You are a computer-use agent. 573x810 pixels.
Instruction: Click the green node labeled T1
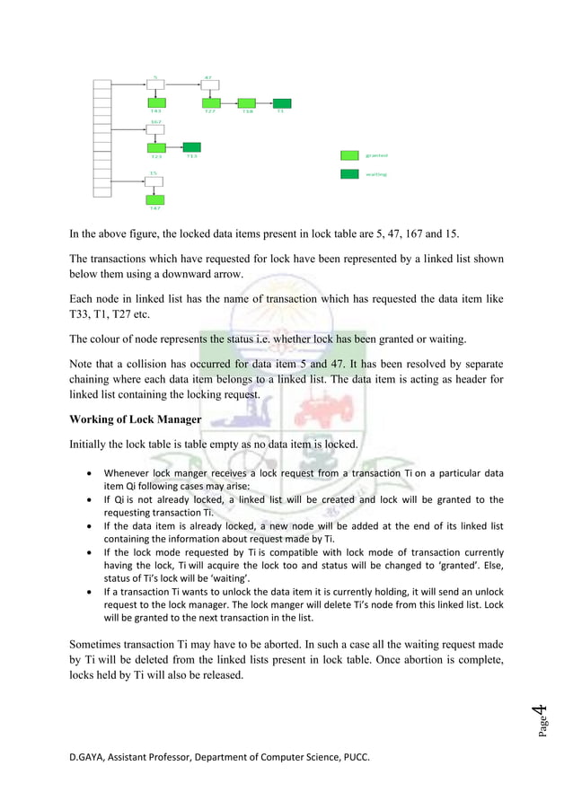tap(281, 103)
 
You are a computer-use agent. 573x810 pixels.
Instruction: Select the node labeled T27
tap(210, 103)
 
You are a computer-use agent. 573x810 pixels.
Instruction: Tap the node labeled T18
tap(246, 103)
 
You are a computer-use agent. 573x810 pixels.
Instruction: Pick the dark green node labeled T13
tap(191, 146)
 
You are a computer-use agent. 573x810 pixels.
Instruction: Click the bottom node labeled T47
tap(155, 198)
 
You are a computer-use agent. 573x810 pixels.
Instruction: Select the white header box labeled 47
tap(210, 85)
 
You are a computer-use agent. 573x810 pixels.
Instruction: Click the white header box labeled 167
tap(155, 128)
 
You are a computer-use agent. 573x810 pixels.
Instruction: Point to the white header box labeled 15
tap(155, 180)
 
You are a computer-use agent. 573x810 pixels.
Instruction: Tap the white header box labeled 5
tap(155, 85)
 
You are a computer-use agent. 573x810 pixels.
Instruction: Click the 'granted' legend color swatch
tap(349, 155)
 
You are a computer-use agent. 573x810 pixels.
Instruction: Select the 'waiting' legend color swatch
tap(349, 173)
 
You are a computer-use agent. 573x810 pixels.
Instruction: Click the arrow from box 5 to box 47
tap(182, 85)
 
